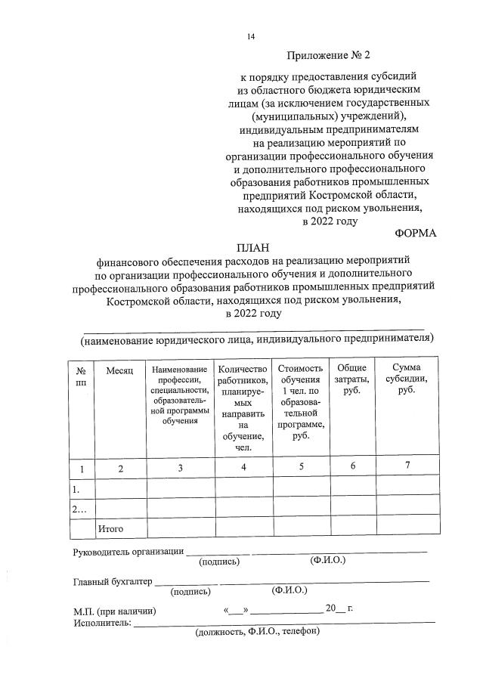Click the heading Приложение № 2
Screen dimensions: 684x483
330,55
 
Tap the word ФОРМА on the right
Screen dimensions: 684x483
416,233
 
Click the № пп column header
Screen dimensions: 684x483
81,376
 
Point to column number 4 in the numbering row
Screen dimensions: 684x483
243,467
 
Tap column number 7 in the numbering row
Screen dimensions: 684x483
407,466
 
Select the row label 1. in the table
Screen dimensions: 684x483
76,489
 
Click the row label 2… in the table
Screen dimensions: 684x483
79,509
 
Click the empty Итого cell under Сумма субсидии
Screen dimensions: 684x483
407,525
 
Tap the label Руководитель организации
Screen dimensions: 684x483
128,551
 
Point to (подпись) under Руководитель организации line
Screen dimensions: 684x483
219,562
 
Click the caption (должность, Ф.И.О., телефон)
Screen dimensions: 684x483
258,633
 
